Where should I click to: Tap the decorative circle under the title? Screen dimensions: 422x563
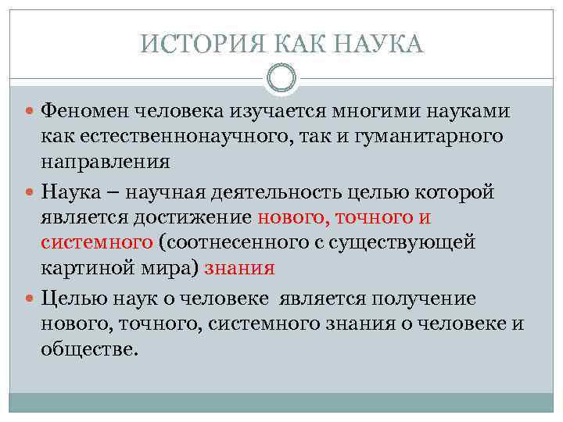(281, 77)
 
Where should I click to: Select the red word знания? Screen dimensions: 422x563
(239, 268)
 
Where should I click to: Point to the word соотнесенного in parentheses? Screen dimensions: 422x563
(244, 242)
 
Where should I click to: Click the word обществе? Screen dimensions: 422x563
(89, 349)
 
